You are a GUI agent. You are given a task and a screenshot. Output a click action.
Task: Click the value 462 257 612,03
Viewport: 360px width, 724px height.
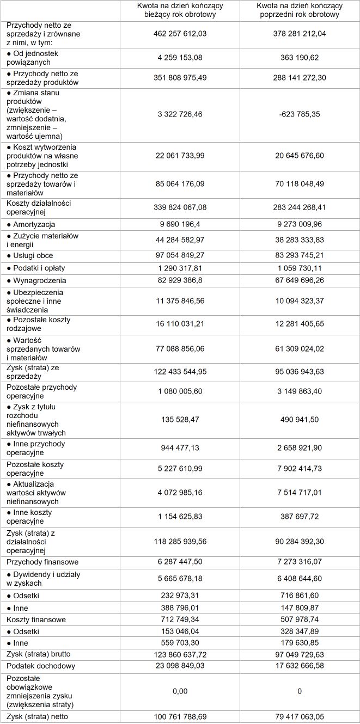180,34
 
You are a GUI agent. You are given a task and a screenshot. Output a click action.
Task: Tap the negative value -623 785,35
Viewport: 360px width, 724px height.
300,114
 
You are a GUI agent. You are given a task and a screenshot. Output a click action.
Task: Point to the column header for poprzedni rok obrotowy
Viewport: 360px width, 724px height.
300,10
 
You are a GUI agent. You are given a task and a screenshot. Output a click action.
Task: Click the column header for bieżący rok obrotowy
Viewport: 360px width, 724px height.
180,10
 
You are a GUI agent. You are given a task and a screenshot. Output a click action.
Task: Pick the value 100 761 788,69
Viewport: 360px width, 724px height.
180,717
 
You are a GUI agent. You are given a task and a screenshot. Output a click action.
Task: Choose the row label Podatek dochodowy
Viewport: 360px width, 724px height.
41,666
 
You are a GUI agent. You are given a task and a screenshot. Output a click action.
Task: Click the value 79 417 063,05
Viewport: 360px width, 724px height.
300,717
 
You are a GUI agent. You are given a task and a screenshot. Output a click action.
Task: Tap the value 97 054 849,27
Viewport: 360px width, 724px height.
180,255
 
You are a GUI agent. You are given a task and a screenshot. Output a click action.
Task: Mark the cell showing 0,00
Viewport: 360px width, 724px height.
180,691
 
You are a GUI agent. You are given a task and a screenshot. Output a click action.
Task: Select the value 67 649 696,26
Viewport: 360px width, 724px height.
300,280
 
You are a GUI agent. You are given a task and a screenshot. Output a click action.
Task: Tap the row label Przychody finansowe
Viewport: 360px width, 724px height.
42,562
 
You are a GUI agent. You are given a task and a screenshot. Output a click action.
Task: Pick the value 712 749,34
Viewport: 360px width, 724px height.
180,619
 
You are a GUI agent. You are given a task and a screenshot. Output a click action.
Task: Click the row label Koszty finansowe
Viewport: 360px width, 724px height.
36,619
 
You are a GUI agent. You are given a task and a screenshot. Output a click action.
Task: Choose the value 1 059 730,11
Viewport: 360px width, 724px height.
300,268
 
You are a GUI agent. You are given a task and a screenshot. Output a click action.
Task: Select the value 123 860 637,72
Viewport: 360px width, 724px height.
180,654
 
